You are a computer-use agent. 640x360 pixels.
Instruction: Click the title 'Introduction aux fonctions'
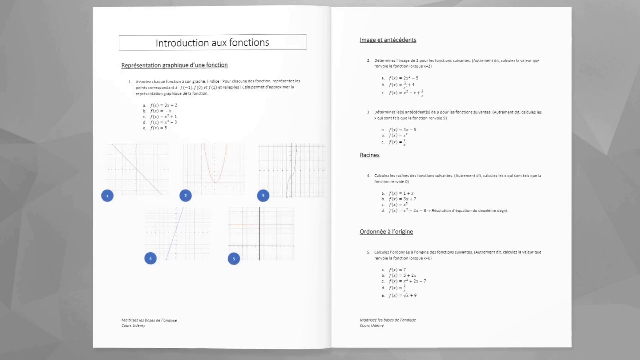coord(212,43)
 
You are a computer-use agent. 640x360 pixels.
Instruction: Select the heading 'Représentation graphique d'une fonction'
coord(174,65)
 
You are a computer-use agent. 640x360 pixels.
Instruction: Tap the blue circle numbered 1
coord(107,196)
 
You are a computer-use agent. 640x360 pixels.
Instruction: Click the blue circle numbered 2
coord(186,196)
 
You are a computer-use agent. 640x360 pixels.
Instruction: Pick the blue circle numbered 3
coord(263,196)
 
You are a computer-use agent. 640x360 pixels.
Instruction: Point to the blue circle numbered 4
coord(150,258)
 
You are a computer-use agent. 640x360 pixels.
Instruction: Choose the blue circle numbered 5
coord(234,259)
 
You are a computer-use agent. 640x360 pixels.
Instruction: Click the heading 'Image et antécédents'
coord(388,40)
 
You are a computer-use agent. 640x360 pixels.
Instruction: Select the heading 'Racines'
coord(369,155)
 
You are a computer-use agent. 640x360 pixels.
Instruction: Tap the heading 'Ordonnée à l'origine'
coord(386,232)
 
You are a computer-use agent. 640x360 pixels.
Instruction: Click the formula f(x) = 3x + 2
coord(163,105)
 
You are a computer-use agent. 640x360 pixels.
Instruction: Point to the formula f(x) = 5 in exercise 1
coord(158,128)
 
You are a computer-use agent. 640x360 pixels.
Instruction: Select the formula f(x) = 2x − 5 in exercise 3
coord(402,130)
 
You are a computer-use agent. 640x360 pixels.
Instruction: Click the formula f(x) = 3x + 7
coord(402,199)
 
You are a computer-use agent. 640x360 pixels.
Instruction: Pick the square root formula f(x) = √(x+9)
coord(403,295)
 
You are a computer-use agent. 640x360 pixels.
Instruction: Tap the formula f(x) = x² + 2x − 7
coord(407,281)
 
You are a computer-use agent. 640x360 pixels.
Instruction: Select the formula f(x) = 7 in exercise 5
coord(397,270)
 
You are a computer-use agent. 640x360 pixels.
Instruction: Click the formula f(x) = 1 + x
coord(401,193)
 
